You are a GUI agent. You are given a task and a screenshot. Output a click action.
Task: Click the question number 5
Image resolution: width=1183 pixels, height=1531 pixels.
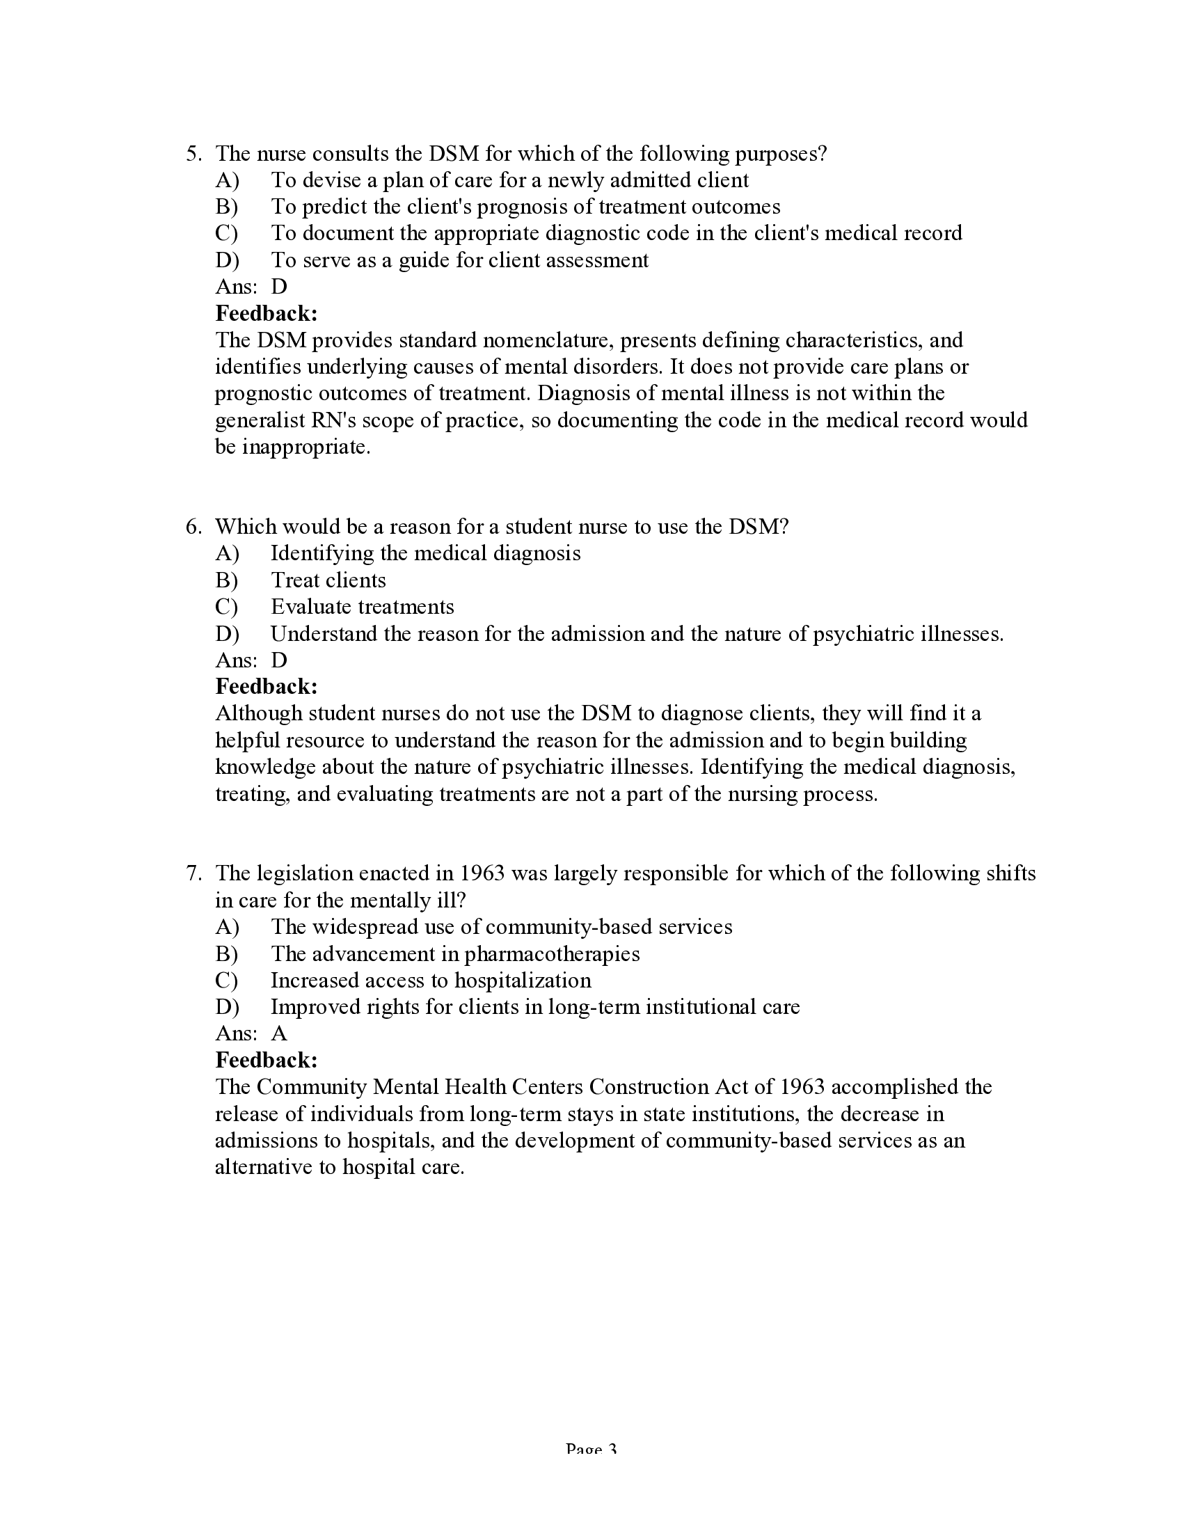[193, 154]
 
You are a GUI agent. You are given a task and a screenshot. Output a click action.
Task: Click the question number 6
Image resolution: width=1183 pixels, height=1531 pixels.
[193, 527]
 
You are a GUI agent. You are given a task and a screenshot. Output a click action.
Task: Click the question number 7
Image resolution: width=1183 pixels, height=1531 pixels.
[193, 873]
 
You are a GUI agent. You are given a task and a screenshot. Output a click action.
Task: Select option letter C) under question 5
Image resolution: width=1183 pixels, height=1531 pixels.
[227, 233]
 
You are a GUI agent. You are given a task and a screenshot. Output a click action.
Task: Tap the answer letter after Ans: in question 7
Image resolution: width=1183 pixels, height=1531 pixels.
[279, 1033]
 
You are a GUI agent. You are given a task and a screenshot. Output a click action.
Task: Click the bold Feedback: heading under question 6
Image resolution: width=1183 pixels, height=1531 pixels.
[267, 685]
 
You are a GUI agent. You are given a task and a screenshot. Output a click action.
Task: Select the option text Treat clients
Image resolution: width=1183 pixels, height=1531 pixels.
[328, 580]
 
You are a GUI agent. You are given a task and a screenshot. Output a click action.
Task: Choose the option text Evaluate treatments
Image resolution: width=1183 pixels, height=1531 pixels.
[363, 607]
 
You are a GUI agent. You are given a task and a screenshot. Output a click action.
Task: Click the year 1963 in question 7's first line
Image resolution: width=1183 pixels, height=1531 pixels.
[482, 873]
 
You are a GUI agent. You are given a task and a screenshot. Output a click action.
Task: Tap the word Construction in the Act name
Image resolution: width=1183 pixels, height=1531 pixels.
[649, 1087]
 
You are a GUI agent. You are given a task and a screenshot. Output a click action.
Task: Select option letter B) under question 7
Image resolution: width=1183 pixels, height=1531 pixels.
[227, 954]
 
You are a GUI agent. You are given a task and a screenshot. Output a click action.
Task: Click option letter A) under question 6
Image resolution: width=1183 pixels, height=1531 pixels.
[227, 554]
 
